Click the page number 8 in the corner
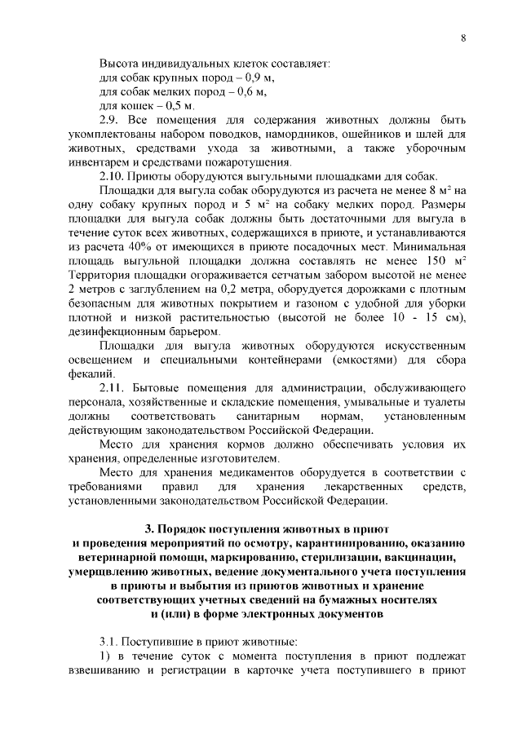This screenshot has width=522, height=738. [462, 38]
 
